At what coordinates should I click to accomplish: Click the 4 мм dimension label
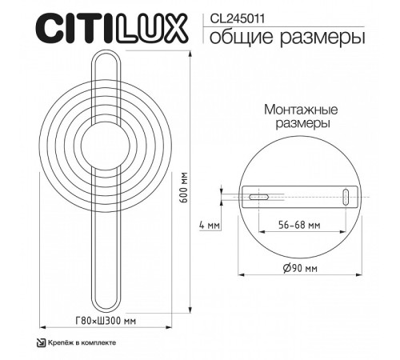209,226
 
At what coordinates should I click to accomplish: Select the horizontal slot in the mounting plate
258,196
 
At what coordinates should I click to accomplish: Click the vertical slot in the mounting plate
346,197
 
